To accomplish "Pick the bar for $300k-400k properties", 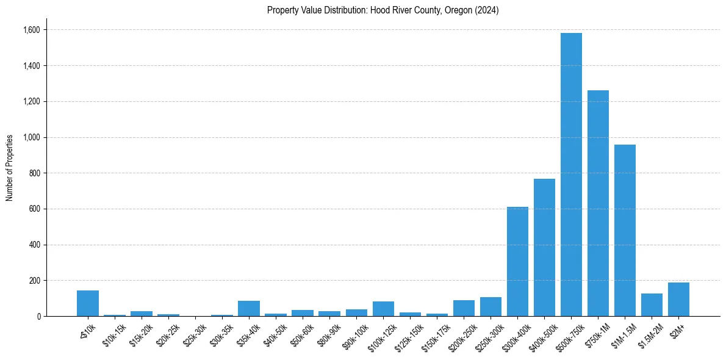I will coord(517,262).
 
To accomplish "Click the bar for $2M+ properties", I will coord(678,300).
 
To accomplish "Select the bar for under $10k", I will coord(88,303).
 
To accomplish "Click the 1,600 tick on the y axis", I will coord(31,30).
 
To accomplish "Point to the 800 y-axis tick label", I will coord(34,173).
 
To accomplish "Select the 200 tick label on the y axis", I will coord(34,281).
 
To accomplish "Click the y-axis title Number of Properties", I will coord(10,168).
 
